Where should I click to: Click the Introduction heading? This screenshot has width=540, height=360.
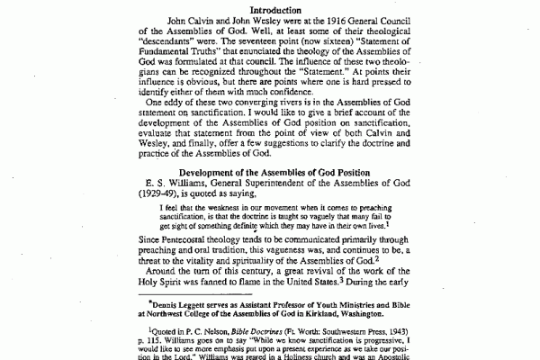[270, 10]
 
